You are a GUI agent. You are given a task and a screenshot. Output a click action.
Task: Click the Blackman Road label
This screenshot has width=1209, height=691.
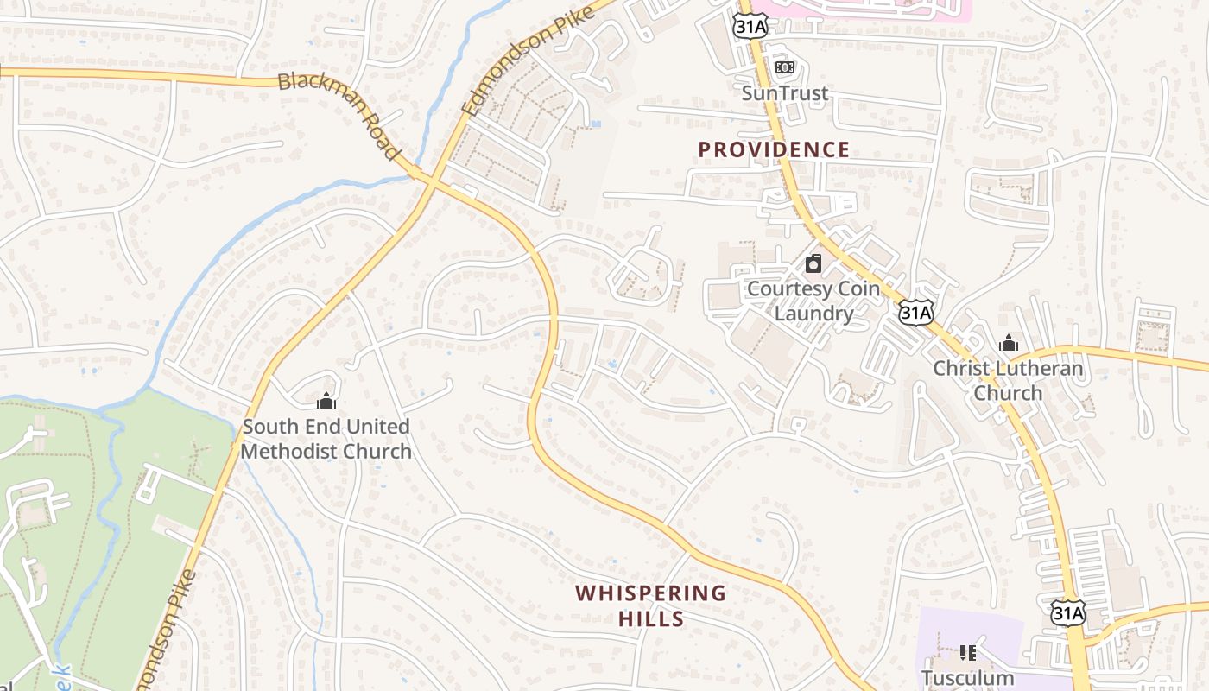[339, 115]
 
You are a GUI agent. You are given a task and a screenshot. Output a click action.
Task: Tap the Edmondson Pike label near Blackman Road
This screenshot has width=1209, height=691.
[528, 60]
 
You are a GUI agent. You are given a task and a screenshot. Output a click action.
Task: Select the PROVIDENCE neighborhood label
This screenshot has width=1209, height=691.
[774, 149]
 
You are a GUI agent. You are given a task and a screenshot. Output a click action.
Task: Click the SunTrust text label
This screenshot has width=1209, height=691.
[785, 93]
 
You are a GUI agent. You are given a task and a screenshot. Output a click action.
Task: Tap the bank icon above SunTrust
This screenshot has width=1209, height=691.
[784, 67]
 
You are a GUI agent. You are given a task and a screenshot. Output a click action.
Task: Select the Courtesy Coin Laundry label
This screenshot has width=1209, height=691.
[813, 301]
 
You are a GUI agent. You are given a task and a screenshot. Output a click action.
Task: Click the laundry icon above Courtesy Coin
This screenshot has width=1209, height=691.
[813, 263]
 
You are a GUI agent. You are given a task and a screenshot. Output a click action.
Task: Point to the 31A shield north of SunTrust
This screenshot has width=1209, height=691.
[749, 26]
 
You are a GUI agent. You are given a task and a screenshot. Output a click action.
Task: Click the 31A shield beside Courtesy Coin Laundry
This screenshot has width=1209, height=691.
[915, 312]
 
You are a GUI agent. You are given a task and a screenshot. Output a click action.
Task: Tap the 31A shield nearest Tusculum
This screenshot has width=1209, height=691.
[1067, 613]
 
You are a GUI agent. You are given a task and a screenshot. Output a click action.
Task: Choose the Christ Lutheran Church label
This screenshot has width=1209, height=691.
[1008, 381]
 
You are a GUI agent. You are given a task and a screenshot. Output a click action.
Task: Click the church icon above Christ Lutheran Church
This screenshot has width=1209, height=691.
[1008, 344]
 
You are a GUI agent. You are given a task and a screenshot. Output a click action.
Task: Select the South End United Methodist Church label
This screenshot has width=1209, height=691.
[326, 439]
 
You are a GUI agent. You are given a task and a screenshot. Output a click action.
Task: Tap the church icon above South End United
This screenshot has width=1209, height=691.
[326, 401]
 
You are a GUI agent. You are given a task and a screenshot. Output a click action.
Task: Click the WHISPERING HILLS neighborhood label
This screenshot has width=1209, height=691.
[651, 605]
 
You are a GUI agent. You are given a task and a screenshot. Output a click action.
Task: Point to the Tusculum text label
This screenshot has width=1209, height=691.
[967, 678]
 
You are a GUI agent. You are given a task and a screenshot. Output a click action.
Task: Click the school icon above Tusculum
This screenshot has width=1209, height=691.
[967, 652]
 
